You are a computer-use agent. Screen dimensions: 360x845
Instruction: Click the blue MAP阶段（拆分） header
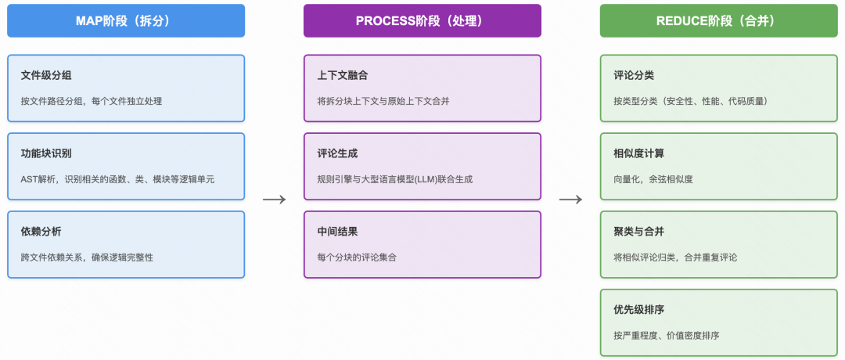(x=126, y=21)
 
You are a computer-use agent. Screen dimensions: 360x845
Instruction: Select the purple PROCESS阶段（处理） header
(x=422, y=21)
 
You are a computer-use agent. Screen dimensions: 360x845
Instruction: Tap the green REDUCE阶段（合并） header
(x=718, y=21)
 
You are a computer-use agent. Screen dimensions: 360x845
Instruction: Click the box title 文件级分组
(x=46, y=76)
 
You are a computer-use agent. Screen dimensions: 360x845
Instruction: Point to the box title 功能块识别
(x=46, y=154)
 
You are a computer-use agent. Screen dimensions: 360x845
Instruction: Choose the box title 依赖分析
(x=41, y=232)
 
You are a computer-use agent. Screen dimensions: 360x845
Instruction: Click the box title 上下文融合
(x=343, y=76)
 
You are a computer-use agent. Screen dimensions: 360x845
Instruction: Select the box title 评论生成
(x=337, y=154)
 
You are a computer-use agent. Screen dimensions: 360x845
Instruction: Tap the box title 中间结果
(x=337, y=232)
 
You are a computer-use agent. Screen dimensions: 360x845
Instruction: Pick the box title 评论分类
(x=634, y=76)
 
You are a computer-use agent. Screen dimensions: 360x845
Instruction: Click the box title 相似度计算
(x=639, y=154)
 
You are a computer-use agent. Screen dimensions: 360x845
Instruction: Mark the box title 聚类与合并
(x=639, y=232)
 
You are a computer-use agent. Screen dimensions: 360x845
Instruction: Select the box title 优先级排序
(x=639, y=311)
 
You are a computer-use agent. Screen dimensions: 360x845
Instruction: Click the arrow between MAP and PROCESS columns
(x=274, y=200)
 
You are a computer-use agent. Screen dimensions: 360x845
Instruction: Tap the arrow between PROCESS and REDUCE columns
(x=570, y=200)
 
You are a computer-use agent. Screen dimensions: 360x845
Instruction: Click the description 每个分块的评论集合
(x=357, y=257)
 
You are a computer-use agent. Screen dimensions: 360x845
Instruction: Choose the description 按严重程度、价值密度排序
(x=667, y=336)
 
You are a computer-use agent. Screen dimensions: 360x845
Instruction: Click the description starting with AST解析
(x=117, y=179)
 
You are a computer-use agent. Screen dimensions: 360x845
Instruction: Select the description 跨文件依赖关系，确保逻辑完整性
(x=87, y=257)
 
